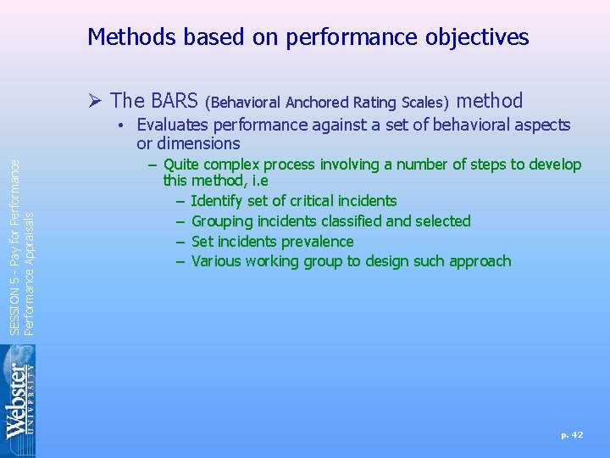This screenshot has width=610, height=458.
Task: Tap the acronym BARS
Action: tap(175, 101)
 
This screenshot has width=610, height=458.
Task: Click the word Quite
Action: tap(181, 165)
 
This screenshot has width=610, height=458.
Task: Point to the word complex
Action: tap(231, 165)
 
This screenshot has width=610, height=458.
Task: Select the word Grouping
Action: tap(227, 221)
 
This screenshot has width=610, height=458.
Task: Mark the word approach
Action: tap(481, 261)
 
